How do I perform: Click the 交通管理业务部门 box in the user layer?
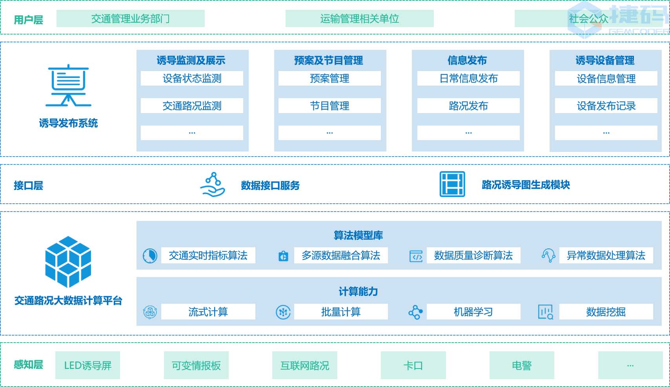coord(130,18)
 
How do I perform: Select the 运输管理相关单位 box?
coord(359,18)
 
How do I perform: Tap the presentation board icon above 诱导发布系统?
coord(69,85)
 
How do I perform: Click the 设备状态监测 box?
coord(192,78)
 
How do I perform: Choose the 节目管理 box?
coord(330,106)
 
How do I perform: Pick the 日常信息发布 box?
coord(468,78)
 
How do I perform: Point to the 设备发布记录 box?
coord(606,106)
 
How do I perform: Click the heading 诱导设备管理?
coord(605,60)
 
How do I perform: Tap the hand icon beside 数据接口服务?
coord(213,184)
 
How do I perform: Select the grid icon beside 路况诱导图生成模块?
coord(452,184)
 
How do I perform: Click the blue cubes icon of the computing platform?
coord(68,261)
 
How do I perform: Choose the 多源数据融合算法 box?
coord(341,256)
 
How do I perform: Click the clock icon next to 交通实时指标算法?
coord(150,256)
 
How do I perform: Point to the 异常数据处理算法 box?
coord(606,256)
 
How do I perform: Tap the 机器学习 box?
coord(473,312)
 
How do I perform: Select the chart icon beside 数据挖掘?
coord(545,312)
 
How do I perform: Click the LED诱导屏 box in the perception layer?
coord(87,365)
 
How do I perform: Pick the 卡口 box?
coord(413,365)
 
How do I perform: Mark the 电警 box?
coord(522,365)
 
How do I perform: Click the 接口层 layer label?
coord(28,185)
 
